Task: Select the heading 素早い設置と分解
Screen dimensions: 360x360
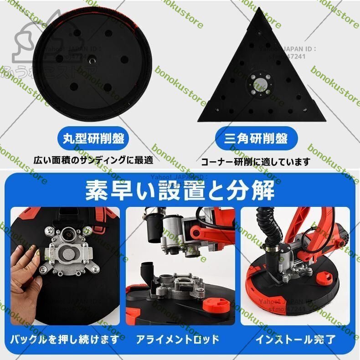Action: (x=180, y=191)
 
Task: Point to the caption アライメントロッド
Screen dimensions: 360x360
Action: (x=178, y=339)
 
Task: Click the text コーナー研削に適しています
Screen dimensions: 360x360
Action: (x=256, y=161)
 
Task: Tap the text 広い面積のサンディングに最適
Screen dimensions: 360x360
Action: (x=93, y=160)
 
